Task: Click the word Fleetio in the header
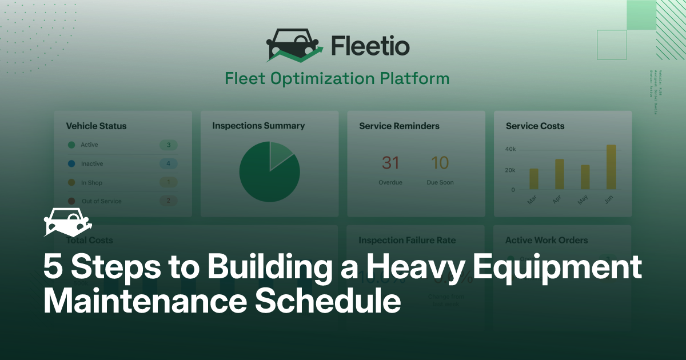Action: click(x=370, y=46)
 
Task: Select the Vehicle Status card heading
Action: click(x=96, y=126)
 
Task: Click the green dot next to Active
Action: click(x=71, y=145)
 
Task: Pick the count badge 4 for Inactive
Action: click(x=168, y=164)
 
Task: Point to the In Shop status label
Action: click(x=91, y=183)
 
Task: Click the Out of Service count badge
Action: click(x=168, y=201)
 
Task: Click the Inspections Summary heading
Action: click(x=258, y=126)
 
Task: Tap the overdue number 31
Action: click(x=390, y=163)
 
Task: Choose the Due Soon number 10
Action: click(x=440, y=163)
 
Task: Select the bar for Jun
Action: click(x=611, y=167)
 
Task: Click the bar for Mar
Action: click(x=533, y=179)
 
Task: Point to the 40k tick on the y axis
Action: click(x=510, y=149)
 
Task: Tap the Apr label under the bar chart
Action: click(x=558, y=200)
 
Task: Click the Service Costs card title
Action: click(x=535, y=126)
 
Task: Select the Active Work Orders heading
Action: click(x=546, y=241)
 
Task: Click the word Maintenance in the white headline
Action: click(x=144, y=301)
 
